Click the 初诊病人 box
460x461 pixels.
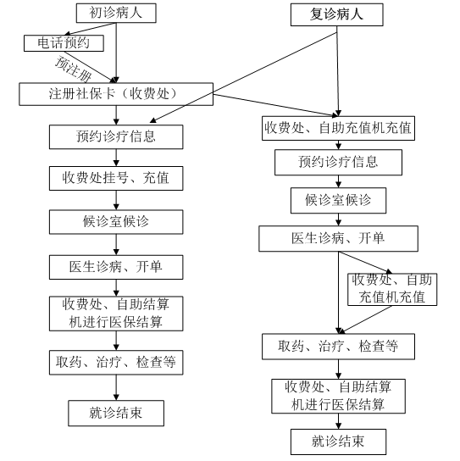[116, 13]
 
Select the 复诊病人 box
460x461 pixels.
[337, 14]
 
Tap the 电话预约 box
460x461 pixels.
[64, 43]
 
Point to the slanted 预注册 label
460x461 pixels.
[74, 69]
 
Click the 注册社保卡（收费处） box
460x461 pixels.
[116, 94]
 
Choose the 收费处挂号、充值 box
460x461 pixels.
[116, 178]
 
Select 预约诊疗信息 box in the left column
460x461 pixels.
[116, 136]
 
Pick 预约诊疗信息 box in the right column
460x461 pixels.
[338, 163]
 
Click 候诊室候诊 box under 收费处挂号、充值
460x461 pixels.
[116, 222]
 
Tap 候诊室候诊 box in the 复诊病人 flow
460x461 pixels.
[338, 201]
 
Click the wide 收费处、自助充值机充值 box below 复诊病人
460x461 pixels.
[338, 128]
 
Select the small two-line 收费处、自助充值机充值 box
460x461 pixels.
[392, 289]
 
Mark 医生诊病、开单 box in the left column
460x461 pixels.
[116, 267]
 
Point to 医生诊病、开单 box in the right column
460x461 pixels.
[338, 238]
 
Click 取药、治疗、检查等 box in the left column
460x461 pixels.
[116, 362]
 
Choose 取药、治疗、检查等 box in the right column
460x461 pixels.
[338, 347]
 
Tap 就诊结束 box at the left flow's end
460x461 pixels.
[116, 413]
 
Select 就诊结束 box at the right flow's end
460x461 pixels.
[338, 442]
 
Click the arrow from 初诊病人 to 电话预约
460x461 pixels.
[91, 29]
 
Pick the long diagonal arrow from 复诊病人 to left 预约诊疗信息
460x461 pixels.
[243, 77]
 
